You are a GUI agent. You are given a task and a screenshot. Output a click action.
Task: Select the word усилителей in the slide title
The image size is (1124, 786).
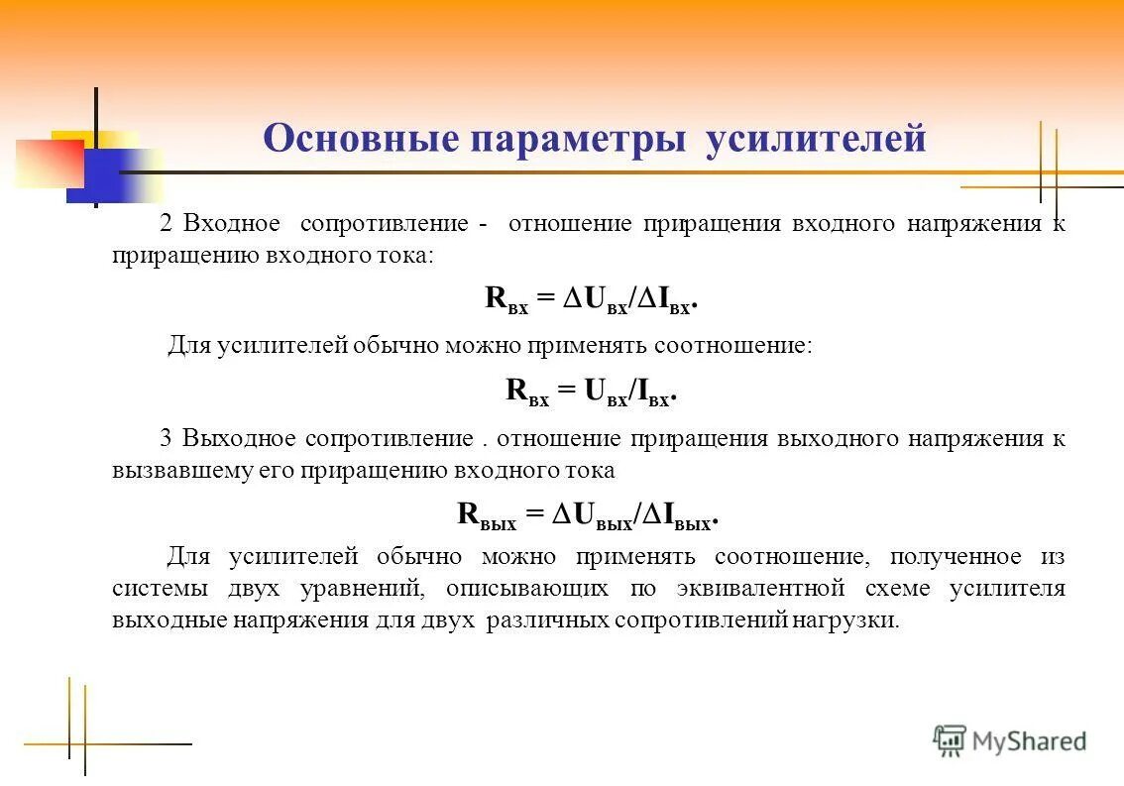pyautogui.click(x=815, y=140)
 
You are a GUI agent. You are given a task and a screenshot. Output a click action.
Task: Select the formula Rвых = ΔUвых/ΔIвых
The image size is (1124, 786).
pyautogui.click(x=587, y=515)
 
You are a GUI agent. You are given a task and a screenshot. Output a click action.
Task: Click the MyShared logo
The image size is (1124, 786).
pyautogui.click(x=1010, y=739)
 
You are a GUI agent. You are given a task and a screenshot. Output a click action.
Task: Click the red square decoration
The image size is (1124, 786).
pyautogui.click(x=48, y=163)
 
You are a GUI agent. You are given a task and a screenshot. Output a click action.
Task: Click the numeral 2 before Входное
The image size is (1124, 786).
pyautogui.click(x=167, y=223)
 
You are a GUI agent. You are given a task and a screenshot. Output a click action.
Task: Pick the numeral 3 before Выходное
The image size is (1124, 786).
pyautogui.click(x=167, y=438)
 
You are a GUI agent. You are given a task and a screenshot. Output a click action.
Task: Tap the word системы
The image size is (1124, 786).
pyautogui.click(x=160, y=588)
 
